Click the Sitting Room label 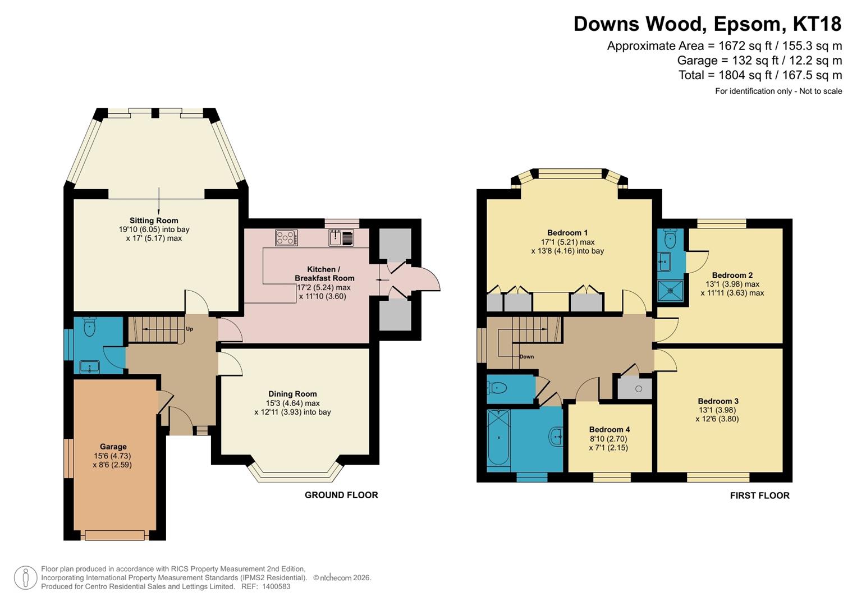point(154,221)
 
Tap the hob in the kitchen point(286,238)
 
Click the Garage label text point(113,447)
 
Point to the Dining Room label point(292,394)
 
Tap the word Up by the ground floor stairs point(190,329)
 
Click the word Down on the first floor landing point(526,356)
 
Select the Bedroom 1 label point(567,233)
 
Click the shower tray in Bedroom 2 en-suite point(670,291)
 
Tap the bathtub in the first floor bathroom point(498,438)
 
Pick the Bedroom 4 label point(609,430)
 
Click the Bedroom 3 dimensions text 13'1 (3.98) point(718,410)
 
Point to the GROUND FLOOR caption point(341,495)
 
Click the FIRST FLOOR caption point(759,495)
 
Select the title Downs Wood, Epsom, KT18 point(707,24)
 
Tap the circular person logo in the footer point(25,577)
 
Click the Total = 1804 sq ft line point(760,75)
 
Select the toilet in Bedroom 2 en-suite point(670,240)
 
